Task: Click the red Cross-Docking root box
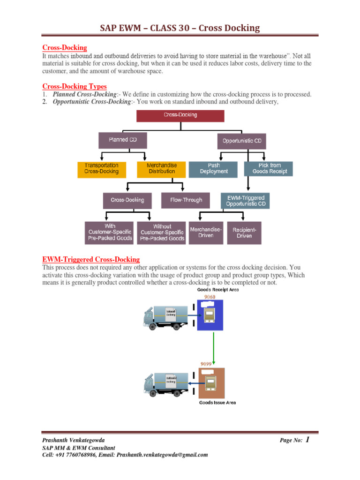[180, 115]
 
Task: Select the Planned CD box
[122, 140]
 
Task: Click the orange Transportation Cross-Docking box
[102, 169]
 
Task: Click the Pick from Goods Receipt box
[269, 169]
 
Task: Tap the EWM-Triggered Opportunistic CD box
[245, 201]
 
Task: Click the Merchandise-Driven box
[205, 232]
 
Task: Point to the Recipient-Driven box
[245, 232]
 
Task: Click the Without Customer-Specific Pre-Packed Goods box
[162, 232]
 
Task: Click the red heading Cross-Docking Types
[74, 86]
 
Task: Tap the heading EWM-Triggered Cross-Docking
[91, 259]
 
